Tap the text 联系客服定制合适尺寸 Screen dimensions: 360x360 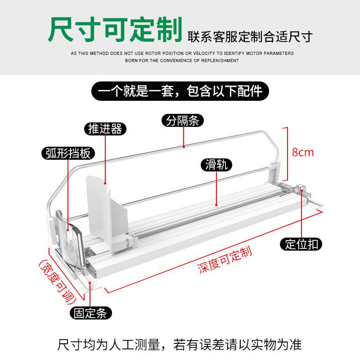point(250,36)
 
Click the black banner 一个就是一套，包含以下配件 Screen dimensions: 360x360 point(180,91)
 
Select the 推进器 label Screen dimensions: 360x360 point(105,129)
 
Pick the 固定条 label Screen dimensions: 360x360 point(90,313)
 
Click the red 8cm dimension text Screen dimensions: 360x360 point(303,152)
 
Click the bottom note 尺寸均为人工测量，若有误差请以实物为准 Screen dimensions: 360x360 point(180,345)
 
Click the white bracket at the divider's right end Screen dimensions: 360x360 point(274,171)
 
